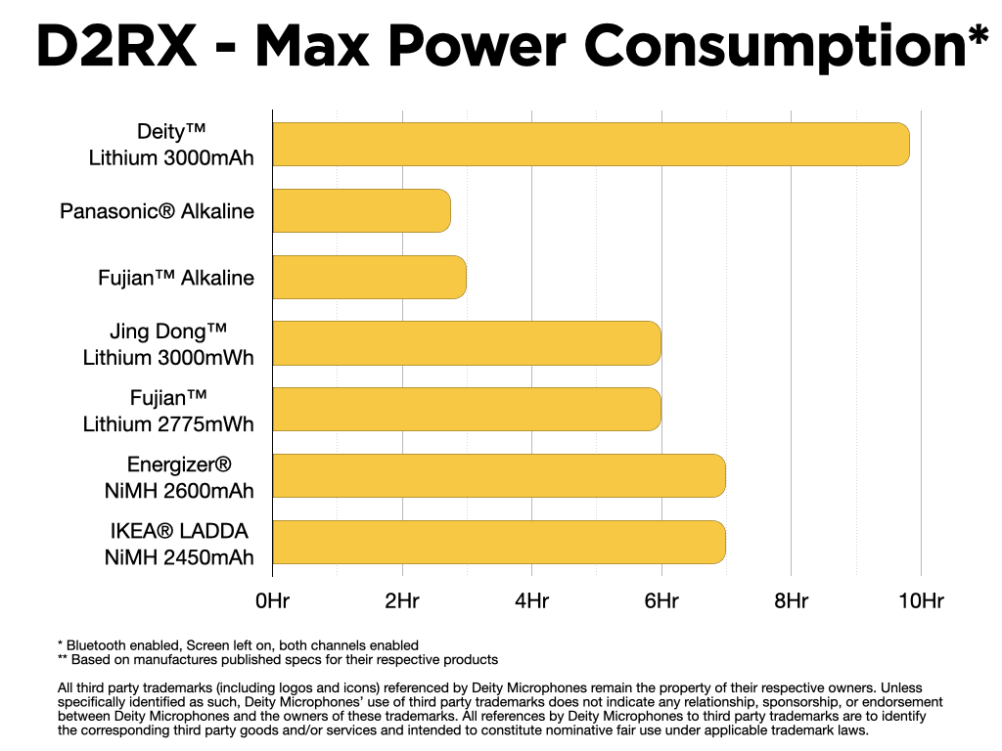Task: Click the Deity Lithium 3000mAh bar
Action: [591, 145]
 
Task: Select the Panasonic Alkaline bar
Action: [362, 211]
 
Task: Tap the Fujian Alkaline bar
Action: [369, 277]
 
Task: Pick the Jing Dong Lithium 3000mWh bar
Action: [467, 343]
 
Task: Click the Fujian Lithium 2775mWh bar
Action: [467, 410]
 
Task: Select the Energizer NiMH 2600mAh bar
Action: [499, 476]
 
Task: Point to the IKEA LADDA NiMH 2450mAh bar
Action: [499, 542]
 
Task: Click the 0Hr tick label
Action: [272, 601]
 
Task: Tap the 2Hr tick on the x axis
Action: [402, 601]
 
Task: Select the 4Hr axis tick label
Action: [531, 601]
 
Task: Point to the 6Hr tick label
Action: [661, 601]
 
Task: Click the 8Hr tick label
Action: [791, 601]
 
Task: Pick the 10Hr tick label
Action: [921, 601]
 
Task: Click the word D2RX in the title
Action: [116, 46]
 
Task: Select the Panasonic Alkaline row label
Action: [157, 211]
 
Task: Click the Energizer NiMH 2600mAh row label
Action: [179, 477]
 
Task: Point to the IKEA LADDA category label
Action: [179, 531]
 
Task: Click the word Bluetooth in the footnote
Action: [92, 645]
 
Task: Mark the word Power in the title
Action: [478, 46]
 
